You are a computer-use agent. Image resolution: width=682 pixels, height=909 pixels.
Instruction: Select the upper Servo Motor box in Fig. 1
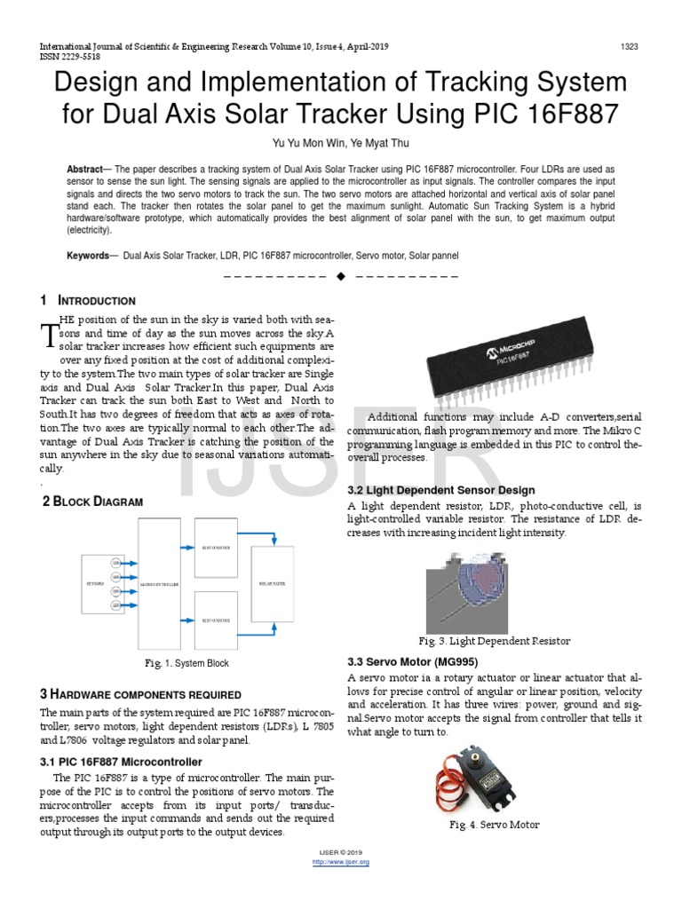pos(216,549)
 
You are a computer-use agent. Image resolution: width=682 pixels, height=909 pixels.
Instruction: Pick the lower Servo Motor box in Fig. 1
pos(216,620)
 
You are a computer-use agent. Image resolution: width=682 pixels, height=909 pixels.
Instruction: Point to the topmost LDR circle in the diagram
pos(115,563)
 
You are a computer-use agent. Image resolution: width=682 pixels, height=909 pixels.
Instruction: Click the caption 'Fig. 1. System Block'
pos(186,663)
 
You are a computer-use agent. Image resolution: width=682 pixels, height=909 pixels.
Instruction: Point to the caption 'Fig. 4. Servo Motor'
pos(494,825)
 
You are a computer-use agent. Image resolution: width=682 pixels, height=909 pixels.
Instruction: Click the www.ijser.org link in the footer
pos(343,862)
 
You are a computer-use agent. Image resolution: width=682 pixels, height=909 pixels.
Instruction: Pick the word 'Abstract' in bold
pos(84,168)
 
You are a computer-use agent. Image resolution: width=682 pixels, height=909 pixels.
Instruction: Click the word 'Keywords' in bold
pos(87,256)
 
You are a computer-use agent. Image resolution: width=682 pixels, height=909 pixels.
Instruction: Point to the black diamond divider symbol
pos(340,277)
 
